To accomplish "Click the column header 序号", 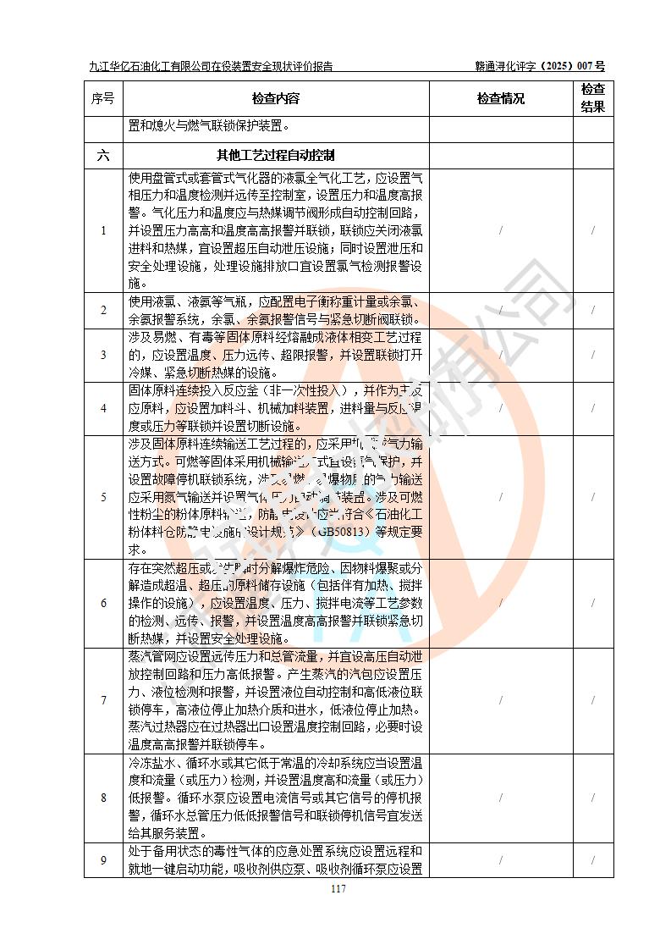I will [x=103, y=98].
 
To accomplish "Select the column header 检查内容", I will [x=276, y=98].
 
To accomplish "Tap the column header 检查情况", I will [x=500, y=98].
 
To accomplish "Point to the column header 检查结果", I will [x=593, y=98].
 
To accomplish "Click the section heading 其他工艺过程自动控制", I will [x=276, y=155].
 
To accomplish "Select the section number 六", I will [x=103, y=155].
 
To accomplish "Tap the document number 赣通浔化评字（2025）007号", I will [x=540, y=65].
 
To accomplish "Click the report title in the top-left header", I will [x=211, y=65].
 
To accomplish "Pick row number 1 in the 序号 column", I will [x=103, y=230].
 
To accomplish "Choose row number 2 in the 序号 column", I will [x=103, y=310].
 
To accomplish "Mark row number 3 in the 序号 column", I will [x=103, y=355].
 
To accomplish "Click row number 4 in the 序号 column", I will [x=103, y=408].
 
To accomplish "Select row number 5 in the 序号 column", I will [x=103, y=496].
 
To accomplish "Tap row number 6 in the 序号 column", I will [x=103, y=603].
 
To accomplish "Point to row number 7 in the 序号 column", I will [x=103, y=700].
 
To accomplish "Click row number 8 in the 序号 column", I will [x=103, y=798].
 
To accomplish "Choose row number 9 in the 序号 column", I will [x=103, y=860].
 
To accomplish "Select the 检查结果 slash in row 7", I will [x=593, y=700].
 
